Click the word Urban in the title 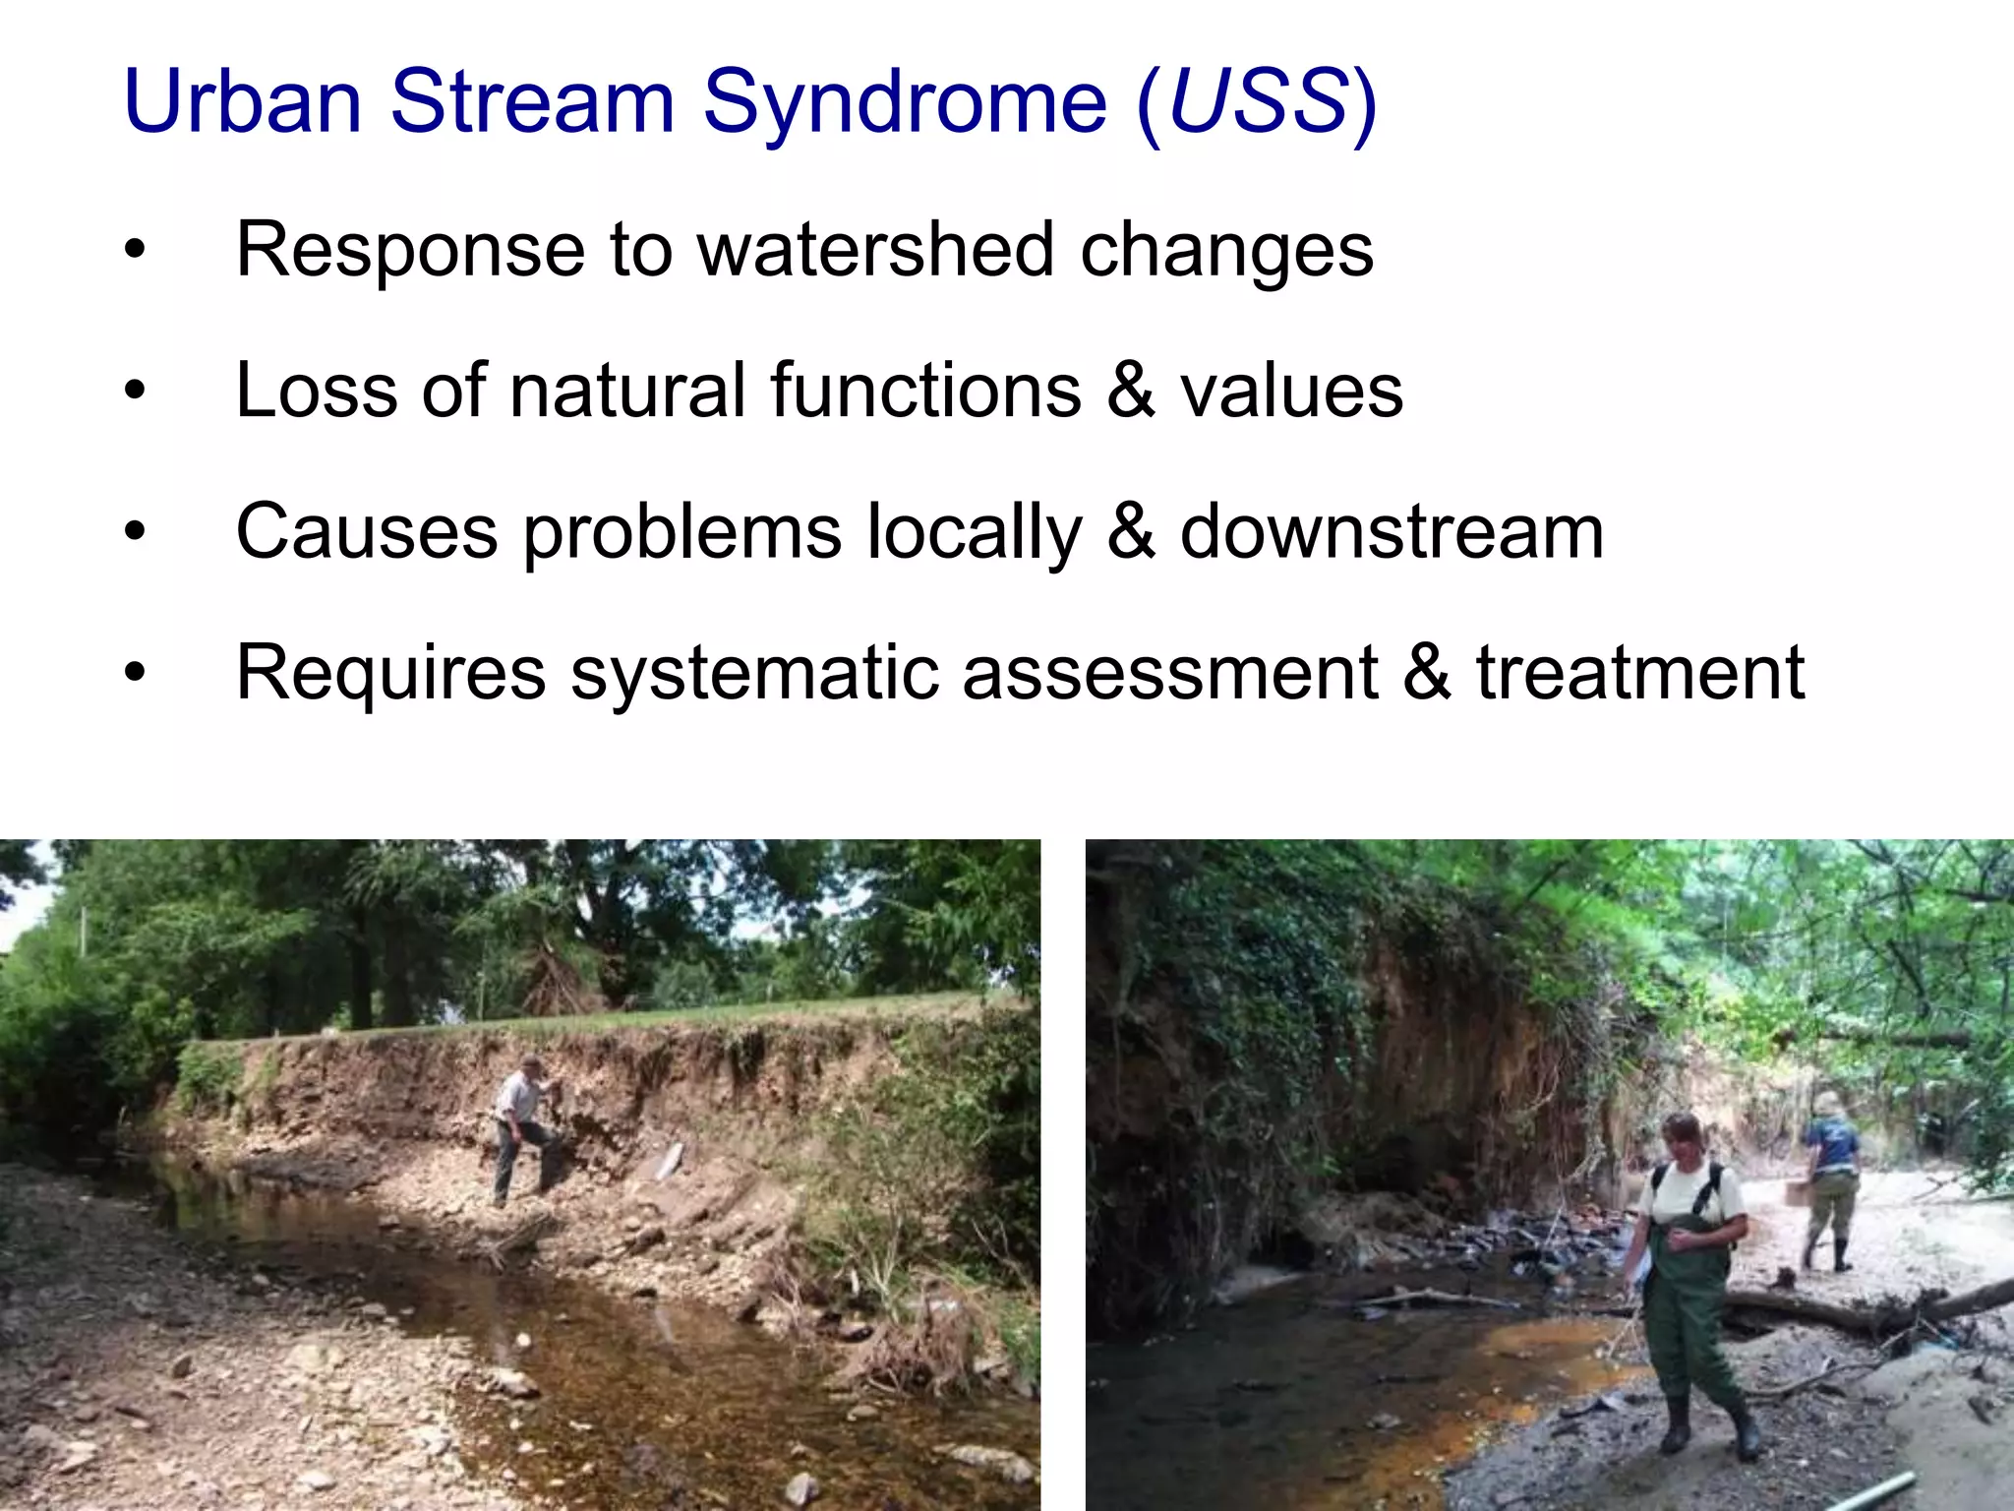tap(243, 101)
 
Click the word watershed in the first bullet tap(875, 250)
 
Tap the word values tap(1291, 392)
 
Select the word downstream tap(1392, 532)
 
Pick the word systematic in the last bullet tap(754, 674)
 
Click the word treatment tap(1640, 673)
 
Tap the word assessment tap(1170, 674)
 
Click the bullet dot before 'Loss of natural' tap(135, 392)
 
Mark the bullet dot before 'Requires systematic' tap(135, 674)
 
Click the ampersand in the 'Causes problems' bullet tap(1131, 532)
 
